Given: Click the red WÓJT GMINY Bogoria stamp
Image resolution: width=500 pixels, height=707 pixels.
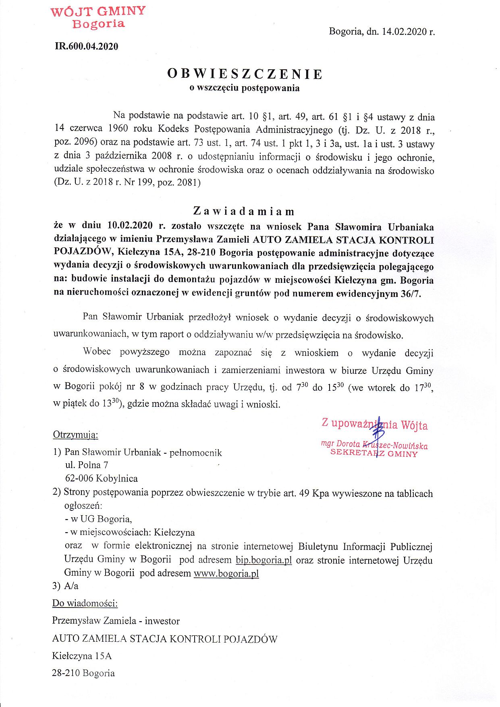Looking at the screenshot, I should pos(98,17).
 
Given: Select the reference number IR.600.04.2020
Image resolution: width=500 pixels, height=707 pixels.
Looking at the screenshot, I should pos(86,46).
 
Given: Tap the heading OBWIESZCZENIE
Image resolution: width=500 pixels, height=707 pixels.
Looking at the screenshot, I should pos(245,74).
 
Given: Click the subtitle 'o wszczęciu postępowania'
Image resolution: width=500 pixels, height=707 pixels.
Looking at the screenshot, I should pos(245,87).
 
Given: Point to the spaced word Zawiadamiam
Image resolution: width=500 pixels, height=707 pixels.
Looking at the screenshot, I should pos(244,211).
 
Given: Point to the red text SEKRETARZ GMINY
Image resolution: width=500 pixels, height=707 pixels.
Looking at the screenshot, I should pos(374,454).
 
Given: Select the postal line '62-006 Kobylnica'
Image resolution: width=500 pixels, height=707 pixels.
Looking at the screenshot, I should pos(102,479).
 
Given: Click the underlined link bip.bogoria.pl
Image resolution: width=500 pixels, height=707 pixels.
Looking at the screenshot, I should pos(263,560).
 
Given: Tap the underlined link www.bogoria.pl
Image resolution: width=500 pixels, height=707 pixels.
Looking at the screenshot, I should pos(226,573).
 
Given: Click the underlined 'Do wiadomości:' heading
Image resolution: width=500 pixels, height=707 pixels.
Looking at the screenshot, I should pos(85,603).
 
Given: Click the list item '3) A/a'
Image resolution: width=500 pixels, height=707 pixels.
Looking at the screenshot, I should pos(65,586).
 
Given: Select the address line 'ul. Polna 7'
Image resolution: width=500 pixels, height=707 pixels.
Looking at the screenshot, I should pos(87,465).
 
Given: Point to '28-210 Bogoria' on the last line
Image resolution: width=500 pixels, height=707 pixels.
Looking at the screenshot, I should pos(83,673).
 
